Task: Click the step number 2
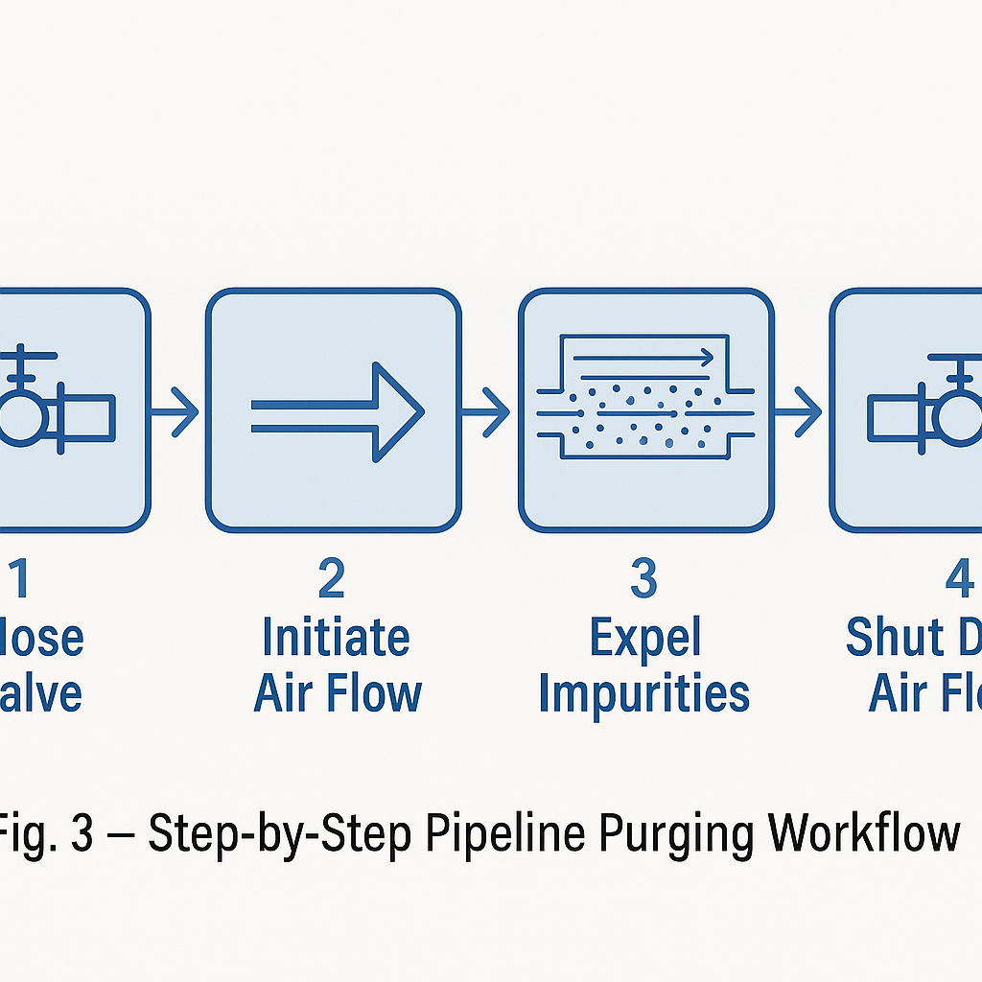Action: click(331, 579)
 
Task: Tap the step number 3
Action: click(643, 579)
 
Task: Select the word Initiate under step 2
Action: click(336, 637)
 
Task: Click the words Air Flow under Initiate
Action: click(338, 693)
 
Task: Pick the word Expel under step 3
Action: click(644, 637)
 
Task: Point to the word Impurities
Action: click(643, 693)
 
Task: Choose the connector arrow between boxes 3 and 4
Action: click(798, 411)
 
